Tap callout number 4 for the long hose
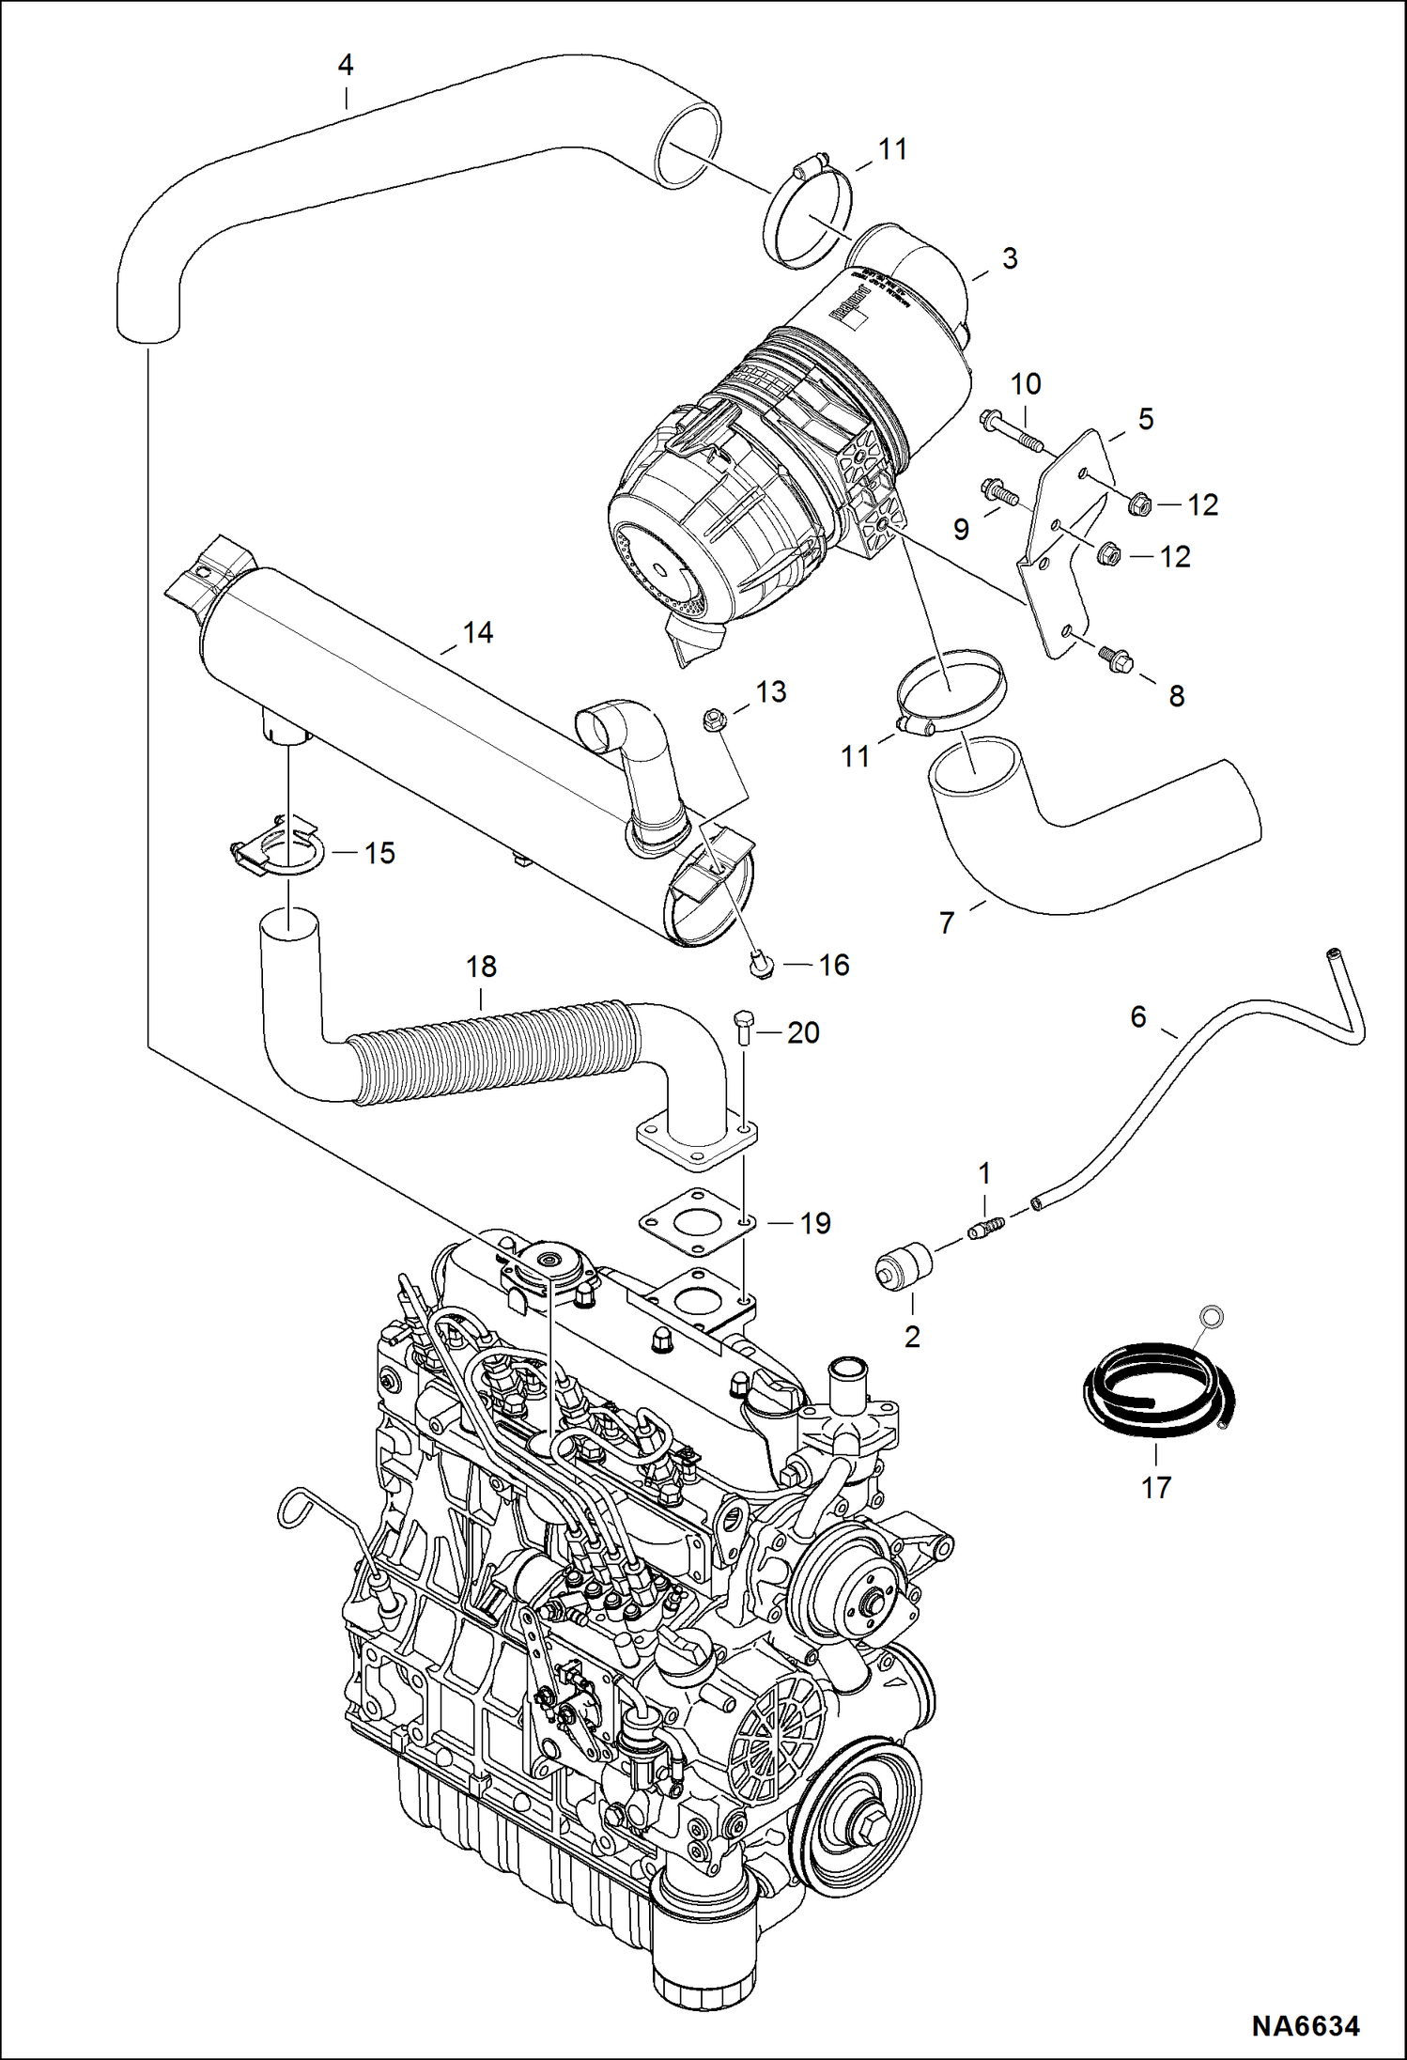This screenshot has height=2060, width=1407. click(345, 66)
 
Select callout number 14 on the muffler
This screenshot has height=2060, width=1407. click(478, 632)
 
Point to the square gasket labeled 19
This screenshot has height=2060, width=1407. click(698, 1223)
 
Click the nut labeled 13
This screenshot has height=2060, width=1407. click(715, 720)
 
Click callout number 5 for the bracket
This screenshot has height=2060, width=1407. click(1145, 419)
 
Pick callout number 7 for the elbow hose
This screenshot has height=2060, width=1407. click(947, 923)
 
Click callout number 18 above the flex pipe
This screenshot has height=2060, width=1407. click(481, 967)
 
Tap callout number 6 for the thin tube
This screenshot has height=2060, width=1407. click(1137, 1016)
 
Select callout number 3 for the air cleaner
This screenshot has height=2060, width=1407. click(1010, 258)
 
